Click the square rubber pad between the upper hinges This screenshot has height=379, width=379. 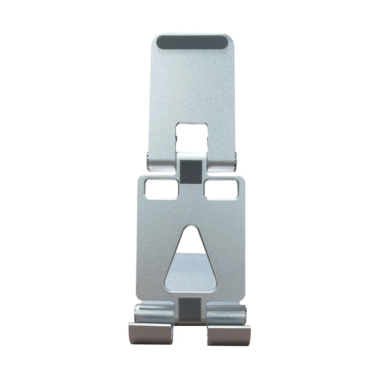pos(190,170)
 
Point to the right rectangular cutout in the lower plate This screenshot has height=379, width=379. pos(220,189)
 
